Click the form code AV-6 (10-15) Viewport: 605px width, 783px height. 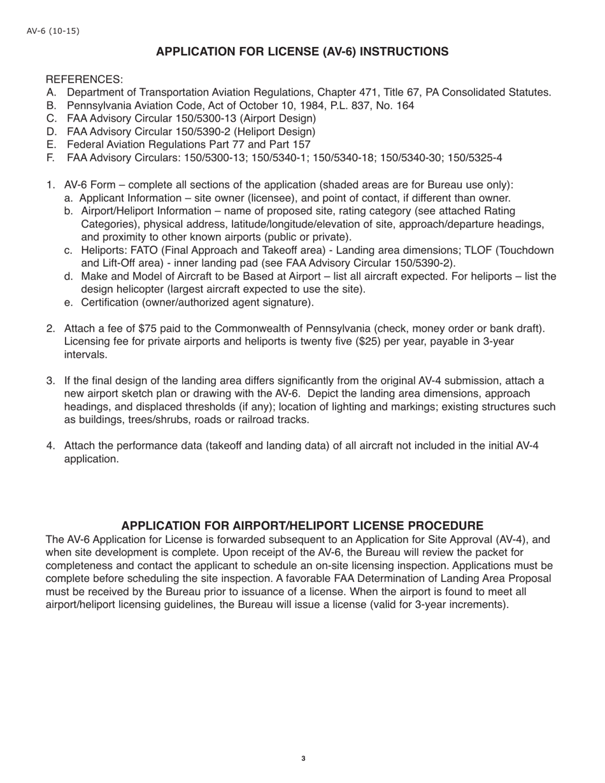[53, 31]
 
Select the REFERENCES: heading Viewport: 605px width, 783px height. [84, 80]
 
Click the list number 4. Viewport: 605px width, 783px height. [50, 446]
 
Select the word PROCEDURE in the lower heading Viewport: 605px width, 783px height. [445, 526]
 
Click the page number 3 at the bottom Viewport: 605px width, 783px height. [303, 758]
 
